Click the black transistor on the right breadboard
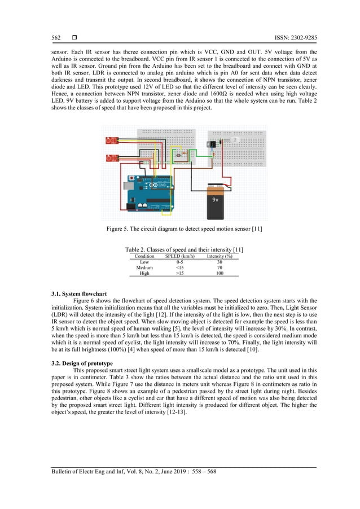point(213,144)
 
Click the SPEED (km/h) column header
point(179,256)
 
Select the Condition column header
point(144,256)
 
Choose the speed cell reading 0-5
point(179,262)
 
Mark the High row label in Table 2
point(144,273)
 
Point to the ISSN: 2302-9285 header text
point(290,38)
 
